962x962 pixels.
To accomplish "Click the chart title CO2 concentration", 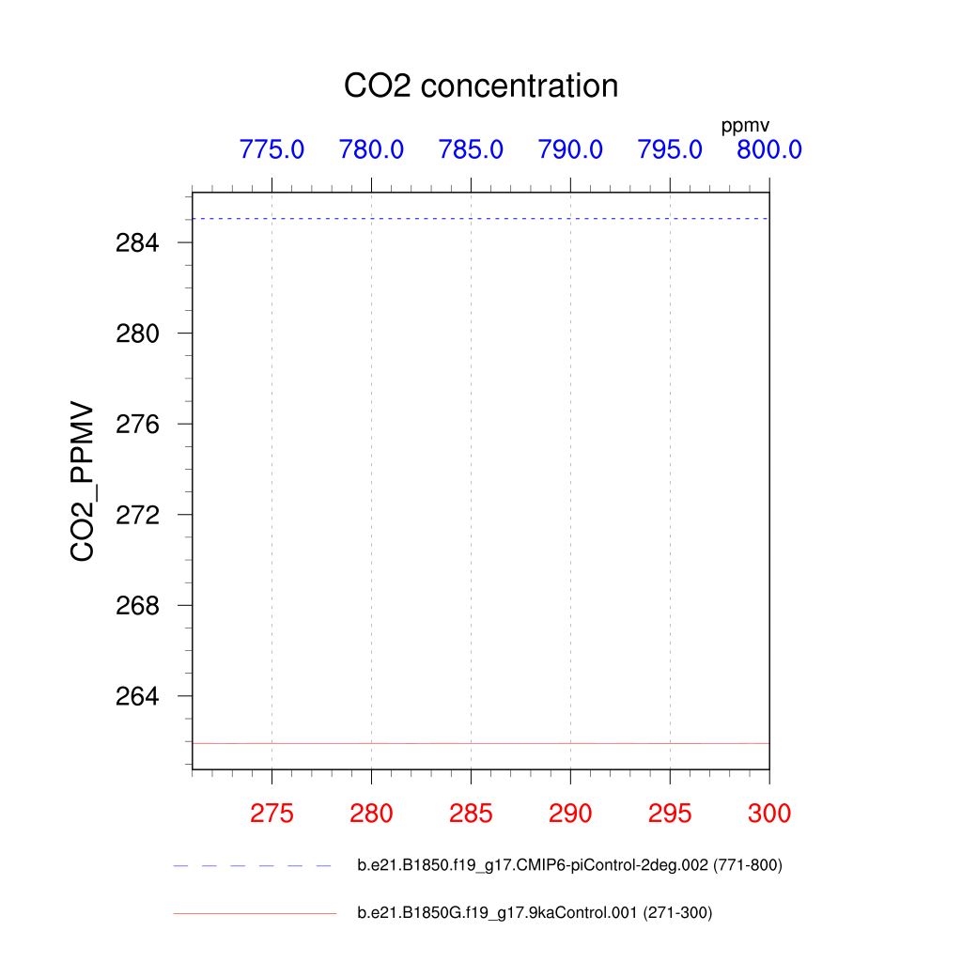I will [x=481, y=85].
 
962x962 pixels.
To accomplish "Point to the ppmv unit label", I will [x=745, y=126].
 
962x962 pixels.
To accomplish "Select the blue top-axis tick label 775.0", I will [x=272, y=149].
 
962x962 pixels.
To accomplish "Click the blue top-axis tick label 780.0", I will [x=371, y=149].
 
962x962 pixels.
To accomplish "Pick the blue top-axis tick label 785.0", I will [x=471, y=149].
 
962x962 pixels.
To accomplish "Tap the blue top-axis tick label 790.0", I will [x=570, y=149].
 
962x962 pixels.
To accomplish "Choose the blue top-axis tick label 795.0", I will [x=670, y=149].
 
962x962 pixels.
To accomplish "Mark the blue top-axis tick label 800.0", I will [x=769, y=149].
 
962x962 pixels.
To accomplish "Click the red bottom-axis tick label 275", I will [x=272, y=814].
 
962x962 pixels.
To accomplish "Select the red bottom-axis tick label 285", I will [x=471, y=814].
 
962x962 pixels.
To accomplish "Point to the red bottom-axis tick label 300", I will [x=769, y=814].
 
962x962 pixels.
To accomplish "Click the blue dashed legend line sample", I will [x=254, y=865].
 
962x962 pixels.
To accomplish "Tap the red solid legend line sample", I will [x=254, y=913].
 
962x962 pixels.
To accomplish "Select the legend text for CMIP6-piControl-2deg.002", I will [x=569, y=865].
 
